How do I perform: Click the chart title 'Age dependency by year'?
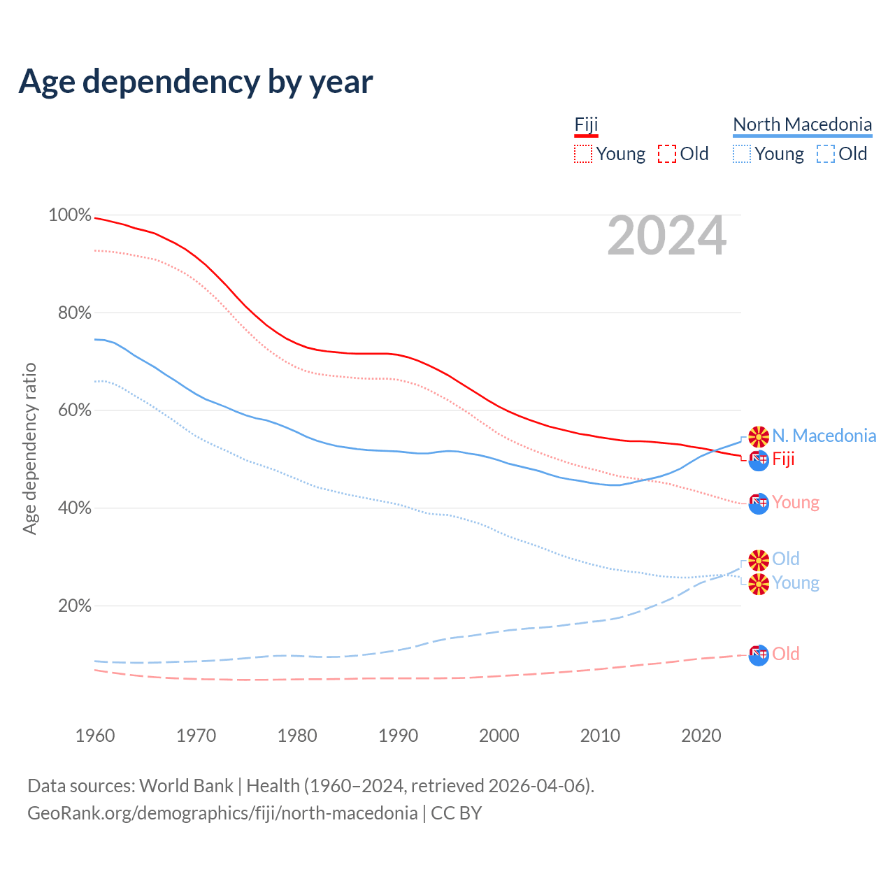[196, 81]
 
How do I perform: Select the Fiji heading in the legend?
[586, 124]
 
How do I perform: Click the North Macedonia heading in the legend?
[802, 124]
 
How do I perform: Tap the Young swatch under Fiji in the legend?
[583, 154]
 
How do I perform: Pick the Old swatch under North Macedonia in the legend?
[826, 154]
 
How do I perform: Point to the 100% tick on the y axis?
[70, 215]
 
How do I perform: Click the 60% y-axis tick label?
[74, 410]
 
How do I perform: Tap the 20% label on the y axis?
[74, 606]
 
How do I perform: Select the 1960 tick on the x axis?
[95, 736]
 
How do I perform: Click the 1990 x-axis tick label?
[398, 736]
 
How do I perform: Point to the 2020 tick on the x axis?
[701, 736]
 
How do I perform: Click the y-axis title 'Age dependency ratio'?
[29, 448]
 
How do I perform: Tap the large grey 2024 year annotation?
[666, 236]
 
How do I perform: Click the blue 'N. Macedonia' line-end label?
[824, 436]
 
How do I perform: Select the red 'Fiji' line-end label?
[783, 459]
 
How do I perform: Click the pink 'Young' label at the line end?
[796, 502]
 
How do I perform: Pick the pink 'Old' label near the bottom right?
[786, 654]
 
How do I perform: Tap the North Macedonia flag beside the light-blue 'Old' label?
[759, 559]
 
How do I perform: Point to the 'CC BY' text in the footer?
[456, 813]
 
